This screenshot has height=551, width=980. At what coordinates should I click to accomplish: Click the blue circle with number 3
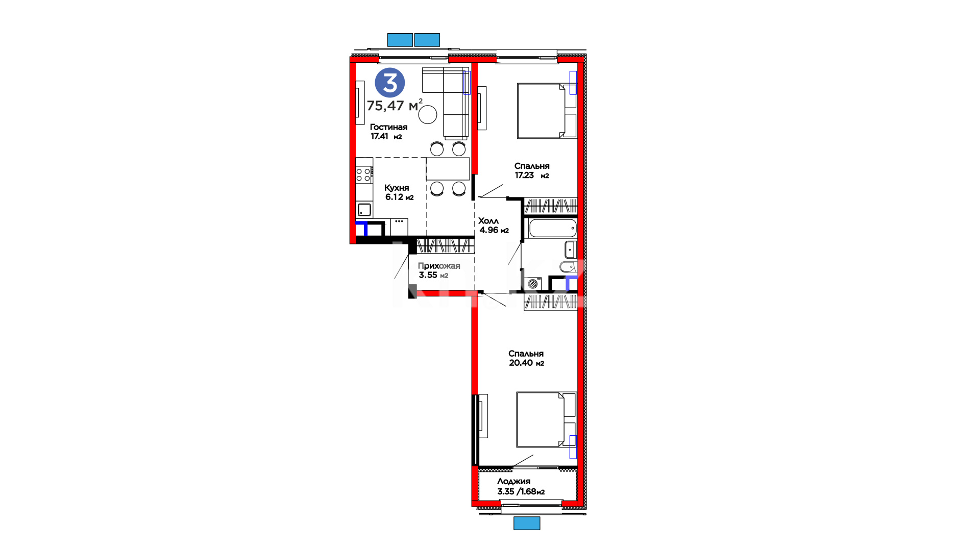tap(390, 83)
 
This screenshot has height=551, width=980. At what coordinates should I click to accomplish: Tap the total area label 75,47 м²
tap(395, 105)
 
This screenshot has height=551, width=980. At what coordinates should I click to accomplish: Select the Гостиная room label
tap(388, 127)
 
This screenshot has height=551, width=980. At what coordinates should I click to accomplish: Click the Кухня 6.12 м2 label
tap(399, 192)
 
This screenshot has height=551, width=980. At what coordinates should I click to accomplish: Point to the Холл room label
tap(488, 221)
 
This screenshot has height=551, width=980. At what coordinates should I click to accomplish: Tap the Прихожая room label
tap(439, 266)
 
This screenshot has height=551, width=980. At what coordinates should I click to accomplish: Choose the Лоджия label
tap(513, 481)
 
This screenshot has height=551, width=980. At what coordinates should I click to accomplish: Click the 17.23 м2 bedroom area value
tap(532, 175)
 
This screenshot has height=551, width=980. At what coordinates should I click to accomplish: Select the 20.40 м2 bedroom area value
tap(526, 363)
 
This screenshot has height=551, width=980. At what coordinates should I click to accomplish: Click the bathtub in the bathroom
tap(553, 228)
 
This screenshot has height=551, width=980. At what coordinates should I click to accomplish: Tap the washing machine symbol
tap(533, 284)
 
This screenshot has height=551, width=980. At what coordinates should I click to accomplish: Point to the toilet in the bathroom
tap(568, 266)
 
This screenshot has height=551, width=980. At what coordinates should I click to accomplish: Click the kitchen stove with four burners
tap(363, 175)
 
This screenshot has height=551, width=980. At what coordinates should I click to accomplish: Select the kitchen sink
tap(364, 209)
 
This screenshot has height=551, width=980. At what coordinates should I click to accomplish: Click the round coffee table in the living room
tap(428, 114)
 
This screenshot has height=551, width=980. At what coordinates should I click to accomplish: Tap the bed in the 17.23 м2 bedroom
tap(547, 111)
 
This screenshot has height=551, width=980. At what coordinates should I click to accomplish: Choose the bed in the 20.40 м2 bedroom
tap(546, 419)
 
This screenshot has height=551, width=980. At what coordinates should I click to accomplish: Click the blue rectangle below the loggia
tap(527, 523)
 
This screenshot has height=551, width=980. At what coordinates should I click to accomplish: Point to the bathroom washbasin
tap(571, 249)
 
